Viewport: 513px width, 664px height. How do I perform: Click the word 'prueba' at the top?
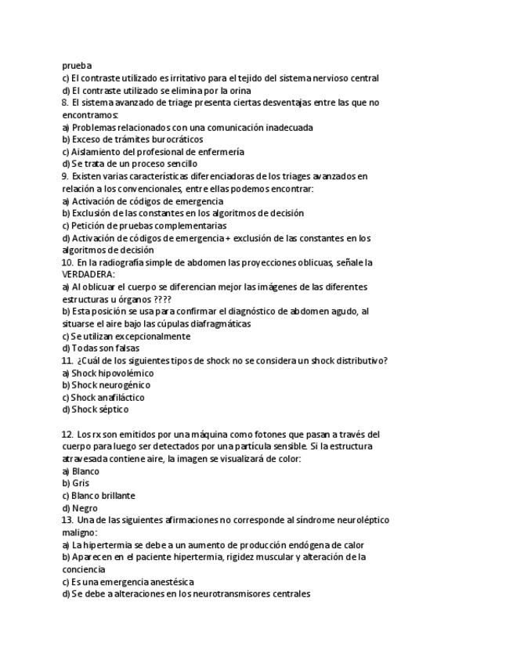pos(76,66)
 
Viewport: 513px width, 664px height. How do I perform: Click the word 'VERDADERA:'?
pos(88,275)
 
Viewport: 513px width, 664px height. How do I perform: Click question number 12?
pos(67,434)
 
